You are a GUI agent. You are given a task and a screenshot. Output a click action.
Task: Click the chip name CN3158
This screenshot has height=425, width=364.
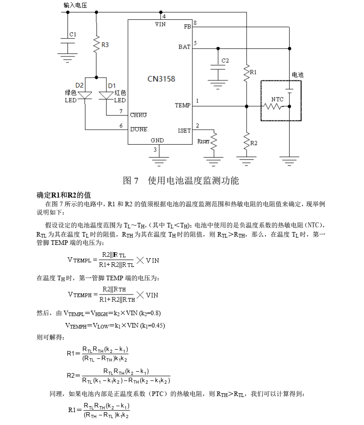coord(161,79)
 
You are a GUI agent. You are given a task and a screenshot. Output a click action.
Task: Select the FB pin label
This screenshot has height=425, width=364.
coord(187,27)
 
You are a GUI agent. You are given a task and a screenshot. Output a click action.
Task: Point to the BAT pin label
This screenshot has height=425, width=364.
coord(184,47)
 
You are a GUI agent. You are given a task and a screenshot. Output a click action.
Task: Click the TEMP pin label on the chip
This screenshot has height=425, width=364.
coord(182,105)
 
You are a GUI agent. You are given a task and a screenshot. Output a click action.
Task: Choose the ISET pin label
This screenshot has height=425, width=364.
coord(184,130)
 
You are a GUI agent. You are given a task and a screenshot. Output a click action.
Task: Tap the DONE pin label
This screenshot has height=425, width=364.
coord(139,130)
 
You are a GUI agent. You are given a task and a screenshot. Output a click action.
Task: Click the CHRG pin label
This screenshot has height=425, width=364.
coord(139,115)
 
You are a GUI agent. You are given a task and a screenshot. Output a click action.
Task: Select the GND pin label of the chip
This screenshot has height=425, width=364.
coord(157,140)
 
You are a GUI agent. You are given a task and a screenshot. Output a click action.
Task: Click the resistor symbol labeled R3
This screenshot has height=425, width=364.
coord(96,45)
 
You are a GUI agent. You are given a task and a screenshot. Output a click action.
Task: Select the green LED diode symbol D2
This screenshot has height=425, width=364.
coord(85,96)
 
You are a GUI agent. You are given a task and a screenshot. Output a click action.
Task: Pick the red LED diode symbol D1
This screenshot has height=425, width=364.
coord(106,96)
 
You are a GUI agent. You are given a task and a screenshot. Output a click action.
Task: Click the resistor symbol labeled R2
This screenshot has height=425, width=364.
coord(246,140)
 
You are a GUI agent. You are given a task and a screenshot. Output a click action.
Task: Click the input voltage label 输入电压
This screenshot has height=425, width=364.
coord(75,5)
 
